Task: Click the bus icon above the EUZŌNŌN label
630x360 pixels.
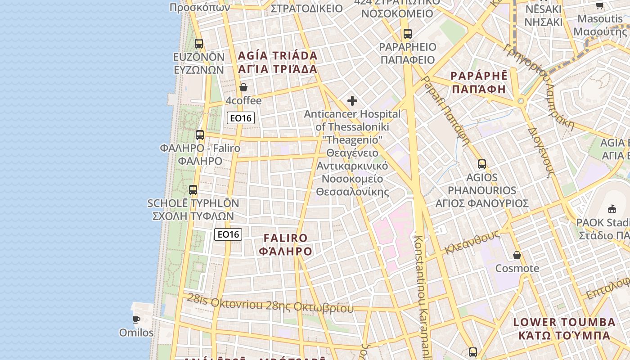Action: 199,44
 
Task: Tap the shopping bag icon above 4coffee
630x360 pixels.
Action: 243,87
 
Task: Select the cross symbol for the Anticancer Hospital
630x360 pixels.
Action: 352,101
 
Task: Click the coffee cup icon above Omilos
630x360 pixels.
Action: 136,320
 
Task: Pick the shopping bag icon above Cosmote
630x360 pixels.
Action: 517,255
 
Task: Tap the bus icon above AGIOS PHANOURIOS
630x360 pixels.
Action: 482,164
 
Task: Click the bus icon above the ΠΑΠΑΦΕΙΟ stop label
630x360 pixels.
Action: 408,34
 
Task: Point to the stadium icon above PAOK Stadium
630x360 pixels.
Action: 612,209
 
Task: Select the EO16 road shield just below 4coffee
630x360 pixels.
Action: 241,118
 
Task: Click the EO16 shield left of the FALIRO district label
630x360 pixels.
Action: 228,234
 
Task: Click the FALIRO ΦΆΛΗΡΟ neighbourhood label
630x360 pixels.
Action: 286,244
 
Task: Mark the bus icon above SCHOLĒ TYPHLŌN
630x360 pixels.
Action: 193,190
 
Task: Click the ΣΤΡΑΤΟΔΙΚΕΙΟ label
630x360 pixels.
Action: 307,8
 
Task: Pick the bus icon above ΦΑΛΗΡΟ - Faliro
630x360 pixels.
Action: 200,135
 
